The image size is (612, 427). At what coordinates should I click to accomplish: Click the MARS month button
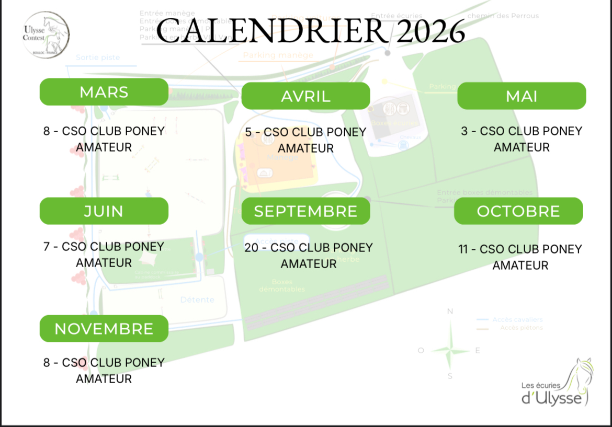[x=104, y=92]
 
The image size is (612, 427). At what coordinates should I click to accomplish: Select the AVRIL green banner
[x=305, y=96]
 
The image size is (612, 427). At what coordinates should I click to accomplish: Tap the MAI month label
[x=522, y=96]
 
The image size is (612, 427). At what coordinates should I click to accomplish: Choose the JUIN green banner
[x=104, y=211]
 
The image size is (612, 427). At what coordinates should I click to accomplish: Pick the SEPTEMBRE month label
[x=305, y=211]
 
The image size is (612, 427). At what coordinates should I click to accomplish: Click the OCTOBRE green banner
[x=518, y=211]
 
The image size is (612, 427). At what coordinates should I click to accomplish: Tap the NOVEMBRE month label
[x=104, y=329]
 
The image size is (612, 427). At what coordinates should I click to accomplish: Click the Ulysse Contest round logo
[x=46, y=36]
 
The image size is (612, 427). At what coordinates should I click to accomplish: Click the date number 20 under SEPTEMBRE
[x=252, y=247]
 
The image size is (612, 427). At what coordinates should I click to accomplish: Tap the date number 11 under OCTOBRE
[x=463, y=249]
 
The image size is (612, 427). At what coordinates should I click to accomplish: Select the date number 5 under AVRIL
[x=248, y=132]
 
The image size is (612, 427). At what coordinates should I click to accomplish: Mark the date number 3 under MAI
[x=464, y=131]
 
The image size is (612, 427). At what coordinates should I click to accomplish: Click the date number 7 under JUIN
[x=47, y=246]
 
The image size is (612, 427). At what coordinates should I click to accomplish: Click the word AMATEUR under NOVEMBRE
[x=104, y=379]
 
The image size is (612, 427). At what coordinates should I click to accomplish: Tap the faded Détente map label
[x=197, y=299]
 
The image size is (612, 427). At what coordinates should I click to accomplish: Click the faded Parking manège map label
[x=278, y=55]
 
